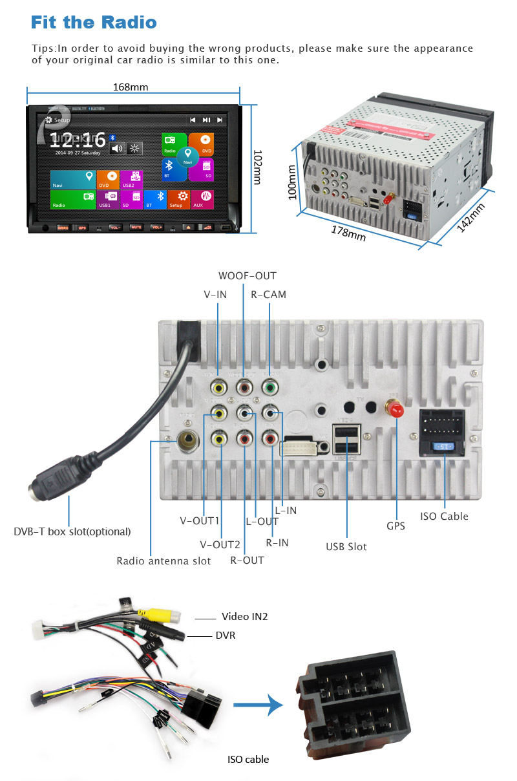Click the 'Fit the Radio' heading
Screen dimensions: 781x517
pyautogui.click(x=94, y=23)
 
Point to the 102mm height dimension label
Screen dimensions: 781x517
pyautogui.click(x=257, y=167)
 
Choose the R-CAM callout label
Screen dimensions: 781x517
pyautogui.click(x=268, y=294)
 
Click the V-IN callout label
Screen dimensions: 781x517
pyautogui.click(x=215, y=294)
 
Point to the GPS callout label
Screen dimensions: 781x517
pyautogui.click(x=396, y=526)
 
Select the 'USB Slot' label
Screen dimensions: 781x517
pyautogui.click(x=346, y=546)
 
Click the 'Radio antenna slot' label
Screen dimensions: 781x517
pyautogui.click(x=164, y=561)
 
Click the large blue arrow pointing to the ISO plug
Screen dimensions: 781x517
pyautogui.click(x=258, y=706)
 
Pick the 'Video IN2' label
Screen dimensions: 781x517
pyautogui.click(x=244, y=616)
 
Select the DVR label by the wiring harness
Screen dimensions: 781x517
pyautogui.click(x=226, y=636)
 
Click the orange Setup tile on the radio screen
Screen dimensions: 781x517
pyautogui.click(x=179, y=199)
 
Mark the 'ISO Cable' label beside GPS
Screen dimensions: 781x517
pyautogui.click(x=444, y=516)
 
